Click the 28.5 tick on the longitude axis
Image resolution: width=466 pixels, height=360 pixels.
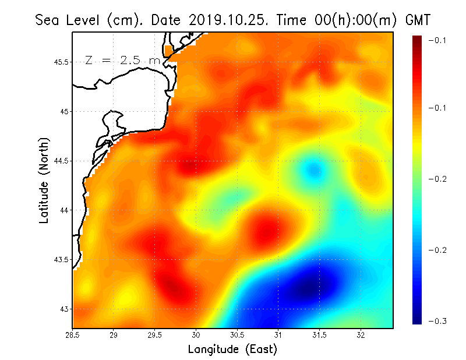pyautogui.click(x=73, y=335)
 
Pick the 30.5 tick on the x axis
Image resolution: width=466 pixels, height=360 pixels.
pyautogui.click(x=237, y=335)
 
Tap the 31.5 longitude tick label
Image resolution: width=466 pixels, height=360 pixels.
pyautogui.click(x=319, y=335)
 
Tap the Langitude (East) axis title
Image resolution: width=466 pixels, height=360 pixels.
pyautogui.click(x=232, y=350)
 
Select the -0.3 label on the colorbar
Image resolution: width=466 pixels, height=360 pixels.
pyautogui.click(x=437, y=322)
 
